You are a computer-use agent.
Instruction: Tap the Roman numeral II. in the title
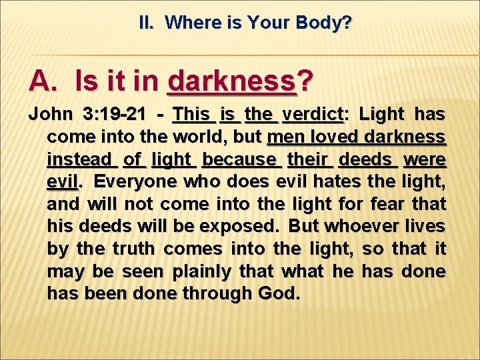click(x=148, y=23)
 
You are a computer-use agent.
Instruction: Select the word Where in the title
click(x=188, y=23)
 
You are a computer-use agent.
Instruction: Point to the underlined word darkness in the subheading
click(x=231, y=81)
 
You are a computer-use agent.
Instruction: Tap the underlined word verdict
click(x=312, y=115)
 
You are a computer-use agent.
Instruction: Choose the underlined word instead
click(x=80, y=160)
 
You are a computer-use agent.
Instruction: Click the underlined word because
click(x=239, y=160)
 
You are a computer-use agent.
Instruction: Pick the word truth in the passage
click(x=133, y=249)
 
